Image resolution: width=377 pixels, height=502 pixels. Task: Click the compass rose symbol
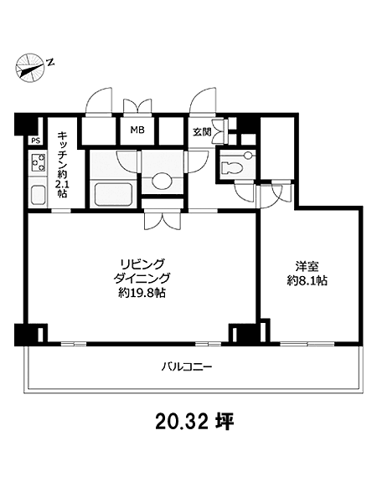30,69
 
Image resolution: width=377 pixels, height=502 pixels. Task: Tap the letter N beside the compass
50,62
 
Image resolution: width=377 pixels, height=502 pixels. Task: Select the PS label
35,141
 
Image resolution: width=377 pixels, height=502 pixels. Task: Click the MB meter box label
137,130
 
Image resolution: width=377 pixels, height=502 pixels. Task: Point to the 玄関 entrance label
202,131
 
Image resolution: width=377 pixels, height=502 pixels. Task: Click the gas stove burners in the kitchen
38,162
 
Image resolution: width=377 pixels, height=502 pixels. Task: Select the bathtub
114,194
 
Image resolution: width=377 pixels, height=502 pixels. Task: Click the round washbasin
162,182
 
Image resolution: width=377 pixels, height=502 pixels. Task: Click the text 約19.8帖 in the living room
142,293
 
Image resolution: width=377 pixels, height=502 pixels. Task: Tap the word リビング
142,264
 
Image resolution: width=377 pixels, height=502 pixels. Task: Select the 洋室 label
307,267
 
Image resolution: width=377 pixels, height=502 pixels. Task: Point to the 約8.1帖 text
307,281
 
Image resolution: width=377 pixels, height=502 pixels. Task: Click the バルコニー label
186,366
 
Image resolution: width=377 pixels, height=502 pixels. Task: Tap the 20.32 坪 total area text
194,422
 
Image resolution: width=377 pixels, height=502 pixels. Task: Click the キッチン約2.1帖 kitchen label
62,165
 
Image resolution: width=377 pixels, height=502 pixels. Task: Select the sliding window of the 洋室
307,344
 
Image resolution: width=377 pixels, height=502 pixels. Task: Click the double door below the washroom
163,219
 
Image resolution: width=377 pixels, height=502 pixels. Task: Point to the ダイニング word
142,279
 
